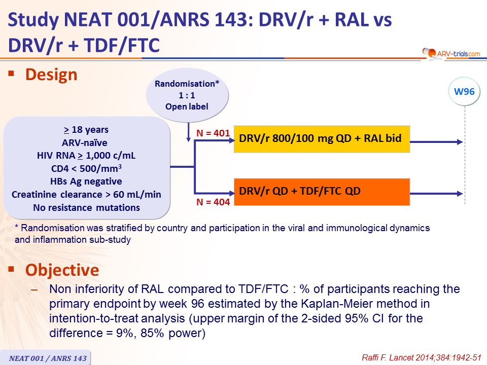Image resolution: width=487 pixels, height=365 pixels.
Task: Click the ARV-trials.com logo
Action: [451, 54]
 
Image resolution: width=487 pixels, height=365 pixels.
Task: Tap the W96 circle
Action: [464, 92]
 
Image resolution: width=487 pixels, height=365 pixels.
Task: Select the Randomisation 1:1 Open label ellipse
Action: [187, 95]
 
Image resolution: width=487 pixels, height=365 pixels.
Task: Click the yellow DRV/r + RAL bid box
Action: [322, 139]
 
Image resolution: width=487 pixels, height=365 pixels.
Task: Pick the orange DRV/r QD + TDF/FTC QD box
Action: [322, 192]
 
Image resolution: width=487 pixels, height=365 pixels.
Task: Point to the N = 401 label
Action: [213, 133]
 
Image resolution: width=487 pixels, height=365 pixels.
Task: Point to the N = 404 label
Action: [213, 202]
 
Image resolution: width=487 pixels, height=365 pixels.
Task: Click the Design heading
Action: [51, 75]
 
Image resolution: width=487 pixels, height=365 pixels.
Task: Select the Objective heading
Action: [62, 270]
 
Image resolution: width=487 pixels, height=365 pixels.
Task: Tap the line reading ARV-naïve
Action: [85, 143]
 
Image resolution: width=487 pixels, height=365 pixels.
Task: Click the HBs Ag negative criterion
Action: [86, 181]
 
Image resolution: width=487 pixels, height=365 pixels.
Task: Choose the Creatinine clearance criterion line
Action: [86, 194]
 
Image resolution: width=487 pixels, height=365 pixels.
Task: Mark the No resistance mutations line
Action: [86, 207]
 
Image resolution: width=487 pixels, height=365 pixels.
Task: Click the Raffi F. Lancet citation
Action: [422, 357]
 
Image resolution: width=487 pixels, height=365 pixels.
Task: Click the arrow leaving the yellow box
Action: [436, 142]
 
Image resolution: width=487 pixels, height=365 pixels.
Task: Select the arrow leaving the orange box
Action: [436, 194]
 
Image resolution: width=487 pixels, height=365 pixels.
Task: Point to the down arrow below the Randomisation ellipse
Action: [188, 132]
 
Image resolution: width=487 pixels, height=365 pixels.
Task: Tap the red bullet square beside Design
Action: [12, 74]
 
